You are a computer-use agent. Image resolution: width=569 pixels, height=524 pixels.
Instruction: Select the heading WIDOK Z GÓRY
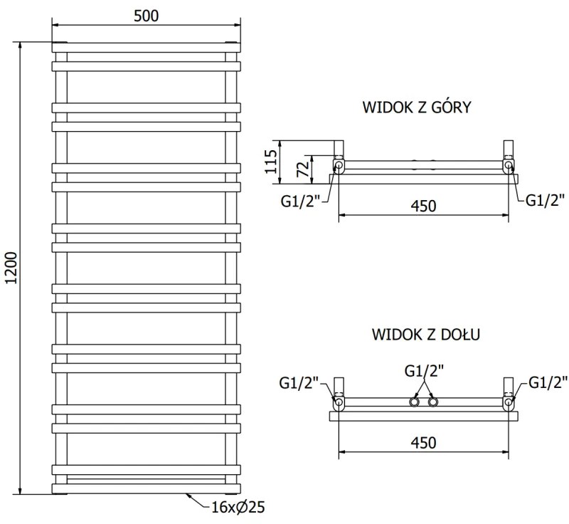418,108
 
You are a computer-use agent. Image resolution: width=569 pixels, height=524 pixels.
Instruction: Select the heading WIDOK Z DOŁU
424,334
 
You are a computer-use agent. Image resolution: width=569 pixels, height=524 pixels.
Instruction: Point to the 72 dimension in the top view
302,169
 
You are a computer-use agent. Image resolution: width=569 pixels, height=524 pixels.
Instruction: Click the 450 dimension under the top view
422,206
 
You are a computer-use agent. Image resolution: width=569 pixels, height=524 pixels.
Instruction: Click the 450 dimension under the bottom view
422,443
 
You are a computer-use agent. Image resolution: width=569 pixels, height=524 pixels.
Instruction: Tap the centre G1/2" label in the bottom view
424,371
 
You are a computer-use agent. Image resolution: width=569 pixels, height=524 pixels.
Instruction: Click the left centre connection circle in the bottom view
415,403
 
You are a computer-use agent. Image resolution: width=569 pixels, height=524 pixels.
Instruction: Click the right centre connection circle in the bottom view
432,403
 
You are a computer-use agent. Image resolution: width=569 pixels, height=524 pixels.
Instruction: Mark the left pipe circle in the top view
339,167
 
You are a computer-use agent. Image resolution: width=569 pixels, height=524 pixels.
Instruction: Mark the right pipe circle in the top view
508,167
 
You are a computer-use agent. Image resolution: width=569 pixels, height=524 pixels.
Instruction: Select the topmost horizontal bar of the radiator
145,47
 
